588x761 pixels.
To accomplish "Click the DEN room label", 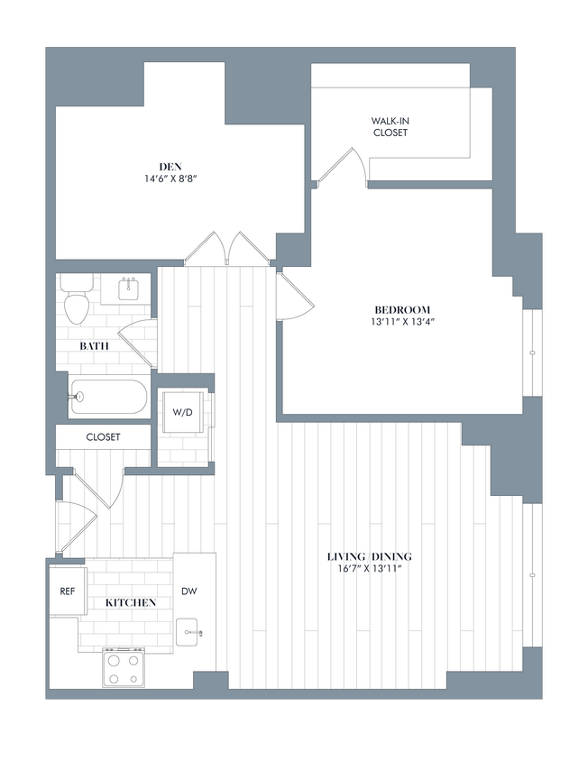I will (x=171, y=166).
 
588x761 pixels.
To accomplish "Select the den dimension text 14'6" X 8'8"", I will (x=171, y=179).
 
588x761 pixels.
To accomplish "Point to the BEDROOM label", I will (x=402, y=308).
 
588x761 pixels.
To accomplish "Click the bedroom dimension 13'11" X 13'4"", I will (x=402, y=322).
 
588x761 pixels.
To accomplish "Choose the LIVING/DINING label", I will (x=369, y=556).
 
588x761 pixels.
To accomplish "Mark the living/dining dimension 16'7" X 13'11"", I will (x=369, y=570).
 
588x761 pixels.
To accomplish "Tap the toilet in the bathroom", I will (x=76, y=300).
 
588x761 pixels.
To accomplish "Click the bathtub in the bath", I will (x=108, y=396).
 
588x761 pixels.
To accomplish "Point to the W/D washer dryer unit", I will (x=183, y=413).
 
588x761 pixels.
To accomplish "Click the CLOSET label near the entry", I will (x=104, y=436).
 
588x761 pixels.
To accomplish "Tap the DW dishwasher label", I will (x=189, y=591).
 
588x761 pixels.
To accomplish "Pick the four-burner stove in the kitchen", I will (x=124, y=668).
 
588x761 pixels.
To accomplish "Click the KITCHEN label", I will (x=131, y=602).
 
